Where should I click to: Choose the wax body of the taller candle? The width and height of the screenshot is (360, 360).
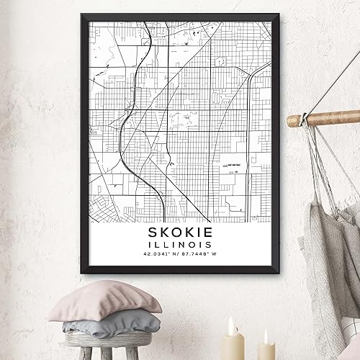233,347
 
